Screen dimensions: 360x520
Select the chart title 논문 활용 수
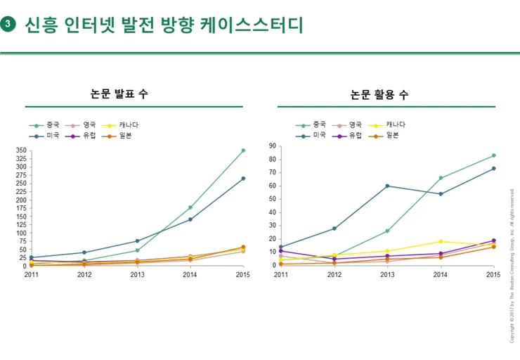379,94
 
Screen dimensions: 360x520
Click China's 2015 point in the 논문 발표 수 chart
243,150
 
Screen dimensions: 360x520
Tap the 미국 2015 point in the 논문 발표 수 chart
243,179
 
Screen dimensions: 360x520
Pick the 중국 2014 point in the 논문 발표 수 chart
190,207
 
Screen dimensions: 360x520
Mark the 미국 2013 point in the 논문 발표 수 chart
137,241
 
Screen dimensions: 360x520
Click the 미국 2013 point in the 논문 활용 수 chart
387,186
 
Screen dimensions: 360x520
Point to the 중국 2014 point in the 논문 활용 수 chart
441,178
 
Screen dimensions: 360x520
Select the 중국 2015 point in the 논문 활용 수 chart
494,155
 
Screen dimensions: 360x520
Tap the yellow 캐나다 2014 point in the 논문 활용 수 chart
441,241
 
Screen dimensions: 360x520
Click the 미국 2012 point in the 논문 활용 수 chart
334,229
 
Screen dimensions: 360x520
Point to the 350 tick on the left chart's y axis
20,150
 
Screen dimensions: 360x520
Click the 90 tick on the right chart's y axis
271,146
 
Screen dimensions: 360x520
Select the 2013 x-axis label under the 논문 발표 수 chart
137,275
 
